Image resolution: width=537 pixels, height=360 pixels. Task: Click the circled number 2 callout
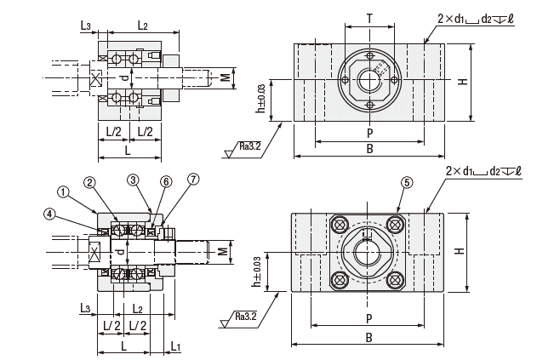tap(89, 181)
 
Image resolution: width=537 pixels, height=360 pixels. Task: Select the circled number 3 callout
tap(134, 180)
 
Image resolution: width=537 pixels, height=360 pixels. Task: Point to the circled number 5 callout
tap(408, 182)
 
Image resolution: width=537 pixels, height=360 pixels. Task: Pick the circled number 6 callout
tap(166, 180)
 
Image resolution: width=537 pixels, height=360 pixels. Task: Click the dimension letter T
tap(368, 17)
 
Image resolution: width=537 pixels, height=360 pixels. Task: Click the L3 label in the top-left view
tap(87, 26)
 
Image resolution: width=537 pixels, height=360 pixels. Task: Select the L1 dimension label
tap(175, 346)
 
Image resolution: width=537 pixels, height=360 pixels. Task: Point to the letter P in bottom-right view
tap(368, 318)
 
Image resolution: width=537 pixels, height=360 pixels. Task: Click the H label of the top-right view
tap(462, 82)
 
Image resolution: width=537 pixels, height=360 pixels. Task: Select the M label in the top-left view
tap(225, 78)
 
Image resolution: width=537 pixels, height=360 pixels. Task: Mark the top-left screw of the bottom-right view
tap(339, 224)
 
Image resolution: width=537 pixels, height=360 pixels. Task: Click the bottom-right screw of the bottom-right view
tap(396, 281)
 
